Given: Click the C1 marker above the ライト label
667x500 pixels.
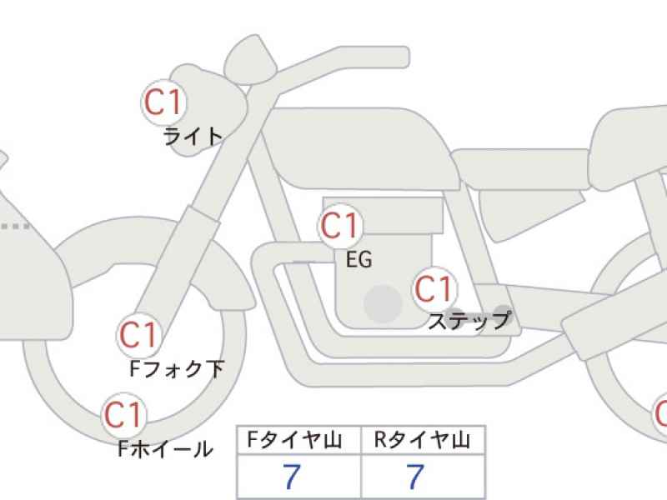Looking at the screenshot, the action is click(163, 102).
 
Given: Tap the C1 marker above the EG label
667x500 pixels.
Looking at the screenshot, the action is click(340, 225).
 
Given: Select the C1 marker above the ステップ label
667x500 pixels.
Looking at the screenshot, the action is click(434, 289).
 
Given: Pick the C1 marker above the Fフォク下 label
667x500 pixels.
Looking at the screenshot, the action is click(139, 335).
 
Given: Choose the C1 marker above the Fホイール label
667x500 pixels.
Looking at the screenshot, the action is click(123, 415).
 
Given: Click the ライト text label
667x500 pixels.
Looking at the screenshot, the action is click(193, 137).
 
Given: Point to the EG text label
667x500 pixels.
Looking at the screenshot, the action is click(359, 259).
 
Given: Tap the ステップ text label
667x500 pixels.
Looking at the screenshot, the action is click(469, 321).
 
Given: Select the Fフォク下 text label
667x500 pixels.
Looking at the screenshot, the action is click(177, 369).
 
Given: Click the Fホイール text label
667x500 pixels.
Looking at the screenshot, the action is click(165, 449).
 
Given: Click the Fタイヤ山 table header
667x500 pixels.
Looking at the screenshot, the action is click(295, 440).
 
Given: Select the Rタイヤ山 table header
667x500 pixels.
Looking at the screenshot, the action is click(422, 440).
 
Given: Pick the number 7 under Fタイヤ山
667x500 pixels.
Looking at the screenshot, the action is click(292, 476).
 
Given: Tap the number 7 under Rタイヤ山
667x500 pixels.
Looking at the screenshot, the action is click(415, 476).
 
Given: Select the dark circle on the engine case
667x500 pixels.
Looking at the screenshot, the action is click(384, 304).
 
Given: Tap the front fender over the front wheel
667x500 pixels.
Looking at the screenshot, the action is click(225, 272).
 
